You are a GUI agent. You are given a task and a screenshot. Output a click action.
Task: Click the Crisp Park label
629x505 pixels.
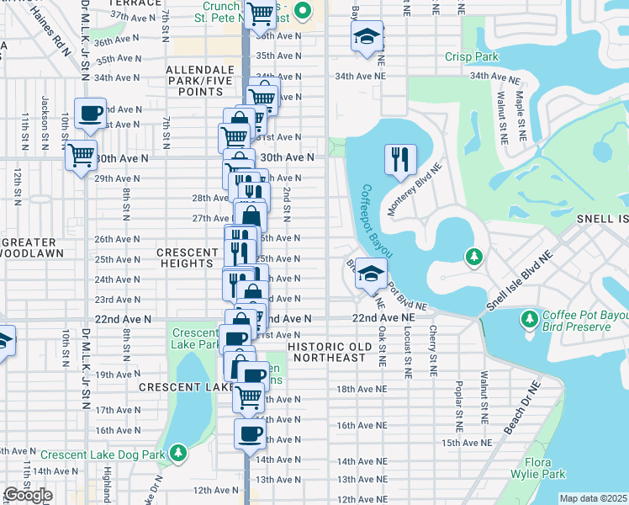(468, 57)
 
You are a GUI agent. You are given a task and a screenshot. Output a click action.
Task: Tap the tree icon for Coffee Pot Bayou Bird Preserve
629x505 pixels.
(530, 319)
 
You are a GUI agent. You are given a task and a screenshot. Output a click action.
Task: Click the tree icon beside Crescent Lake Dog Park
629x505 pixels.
(177, 454)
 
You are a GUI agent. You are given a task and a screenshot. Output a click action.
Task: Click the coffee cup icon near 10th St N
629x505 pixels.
(90, 113)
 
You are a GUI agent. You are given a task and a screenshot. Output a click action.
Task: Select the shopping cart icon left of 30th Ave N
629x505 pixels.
(81, 154)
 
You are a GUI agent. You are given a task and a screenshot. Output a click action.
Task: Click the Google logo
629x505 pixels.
(28, 495)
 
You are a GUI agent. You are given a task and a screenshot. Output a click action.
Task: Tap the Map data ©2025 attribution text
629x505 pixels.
(593, 498)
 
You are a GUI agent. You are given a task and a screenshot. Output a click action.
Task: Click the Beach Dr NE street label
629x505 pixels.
(523, 408)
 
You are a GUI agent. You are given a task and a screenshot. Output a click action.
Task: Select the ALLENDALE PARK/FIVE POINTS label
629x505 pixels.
(194, 80)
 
